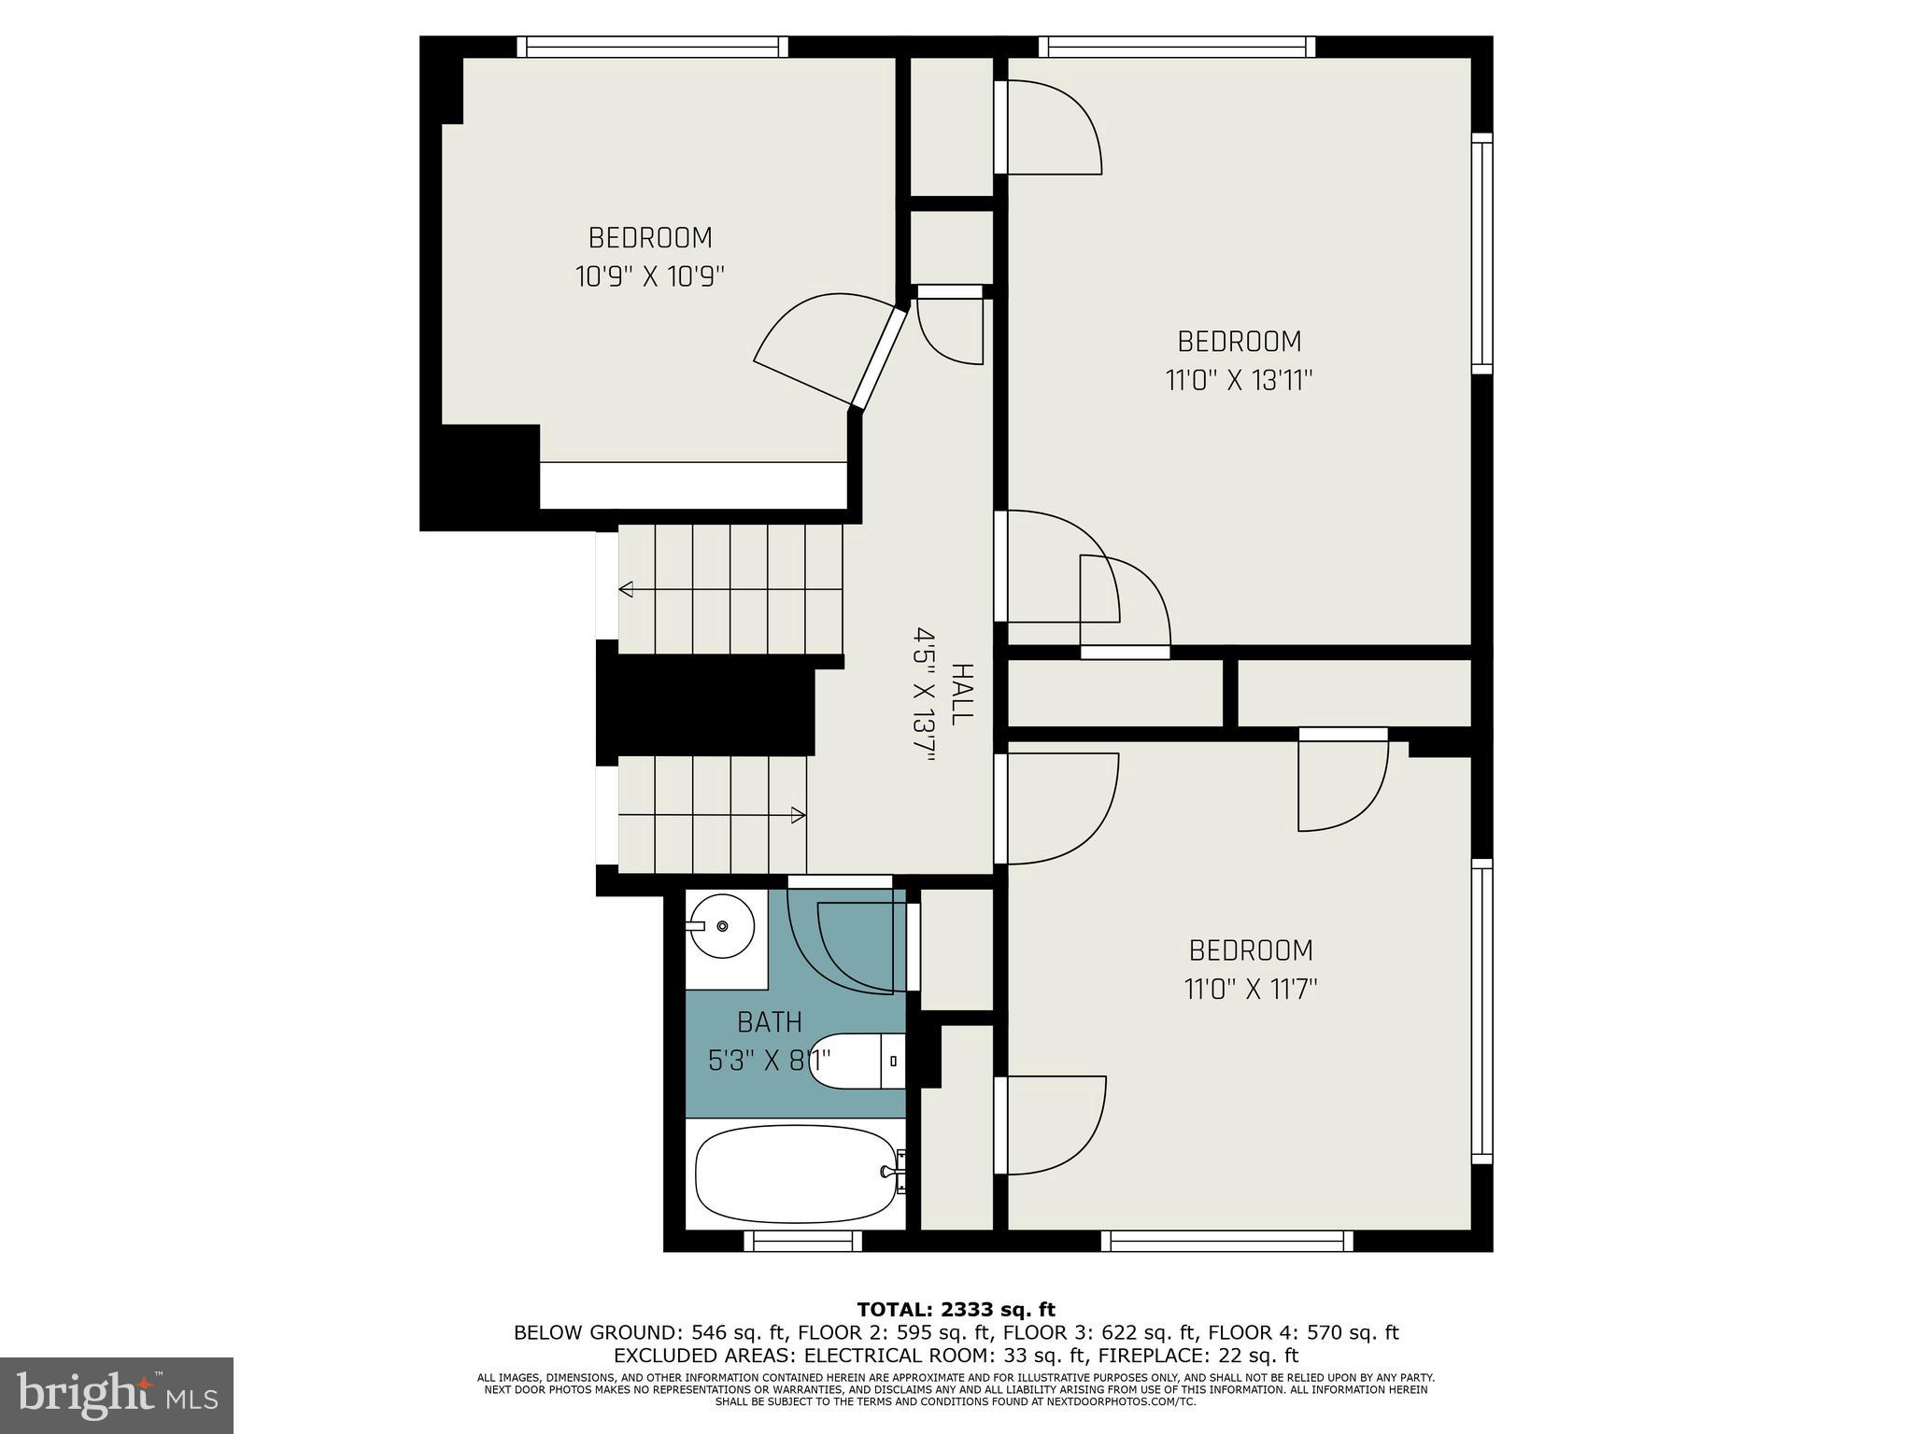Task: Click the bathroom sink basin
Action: (723, 925)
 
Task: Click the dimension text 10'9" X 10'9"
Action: (650, 277)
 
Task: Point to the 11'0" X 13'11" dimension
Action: (1240, 381)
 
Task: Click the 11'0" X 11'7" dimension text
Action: (1251, 990)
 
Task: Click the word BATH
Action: (770, 1023)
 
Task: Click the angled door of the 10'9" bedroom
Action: (879, 359)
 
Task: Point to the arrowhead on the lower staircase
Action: (799, 815)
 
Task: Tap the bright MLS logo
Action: (117, 1395)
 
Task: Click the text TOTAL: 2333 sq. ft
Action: (956, 1310)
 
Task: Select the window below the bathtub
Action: (803, 1241)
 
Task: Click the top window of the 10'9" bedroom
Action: (652, 47)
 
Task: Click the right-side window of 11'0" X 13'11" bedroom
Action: (1481, 253)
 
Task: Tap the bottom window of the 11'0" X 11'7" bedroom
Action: (1226, 1241)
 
